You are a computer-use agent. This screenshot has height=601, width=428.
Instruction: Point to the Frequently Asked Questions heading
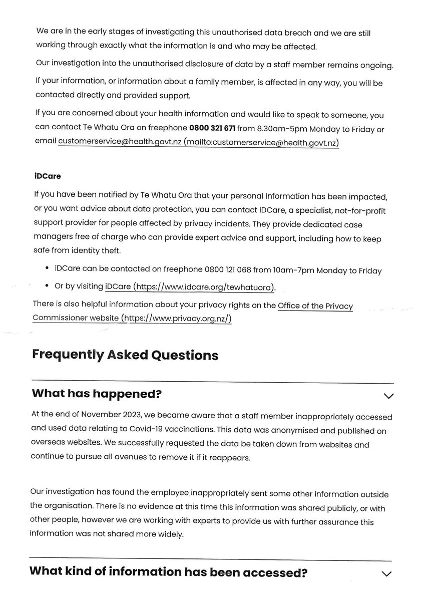click(125, 355)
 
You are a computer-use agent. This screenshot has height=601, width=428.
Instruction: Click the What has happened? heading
click(97, 394)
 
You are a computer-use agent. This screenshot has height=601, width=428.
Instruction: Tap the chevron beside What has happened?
click(388, 396)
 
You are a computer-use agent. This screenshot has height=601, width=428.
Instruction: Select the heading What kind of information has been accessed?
click(168, 572)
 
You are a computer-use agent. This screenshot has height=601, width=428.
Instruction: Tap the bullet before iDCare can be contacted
click(47, 270)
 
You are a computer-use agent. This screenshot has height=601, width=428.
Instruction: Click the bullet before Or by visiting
click(47, 286)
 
